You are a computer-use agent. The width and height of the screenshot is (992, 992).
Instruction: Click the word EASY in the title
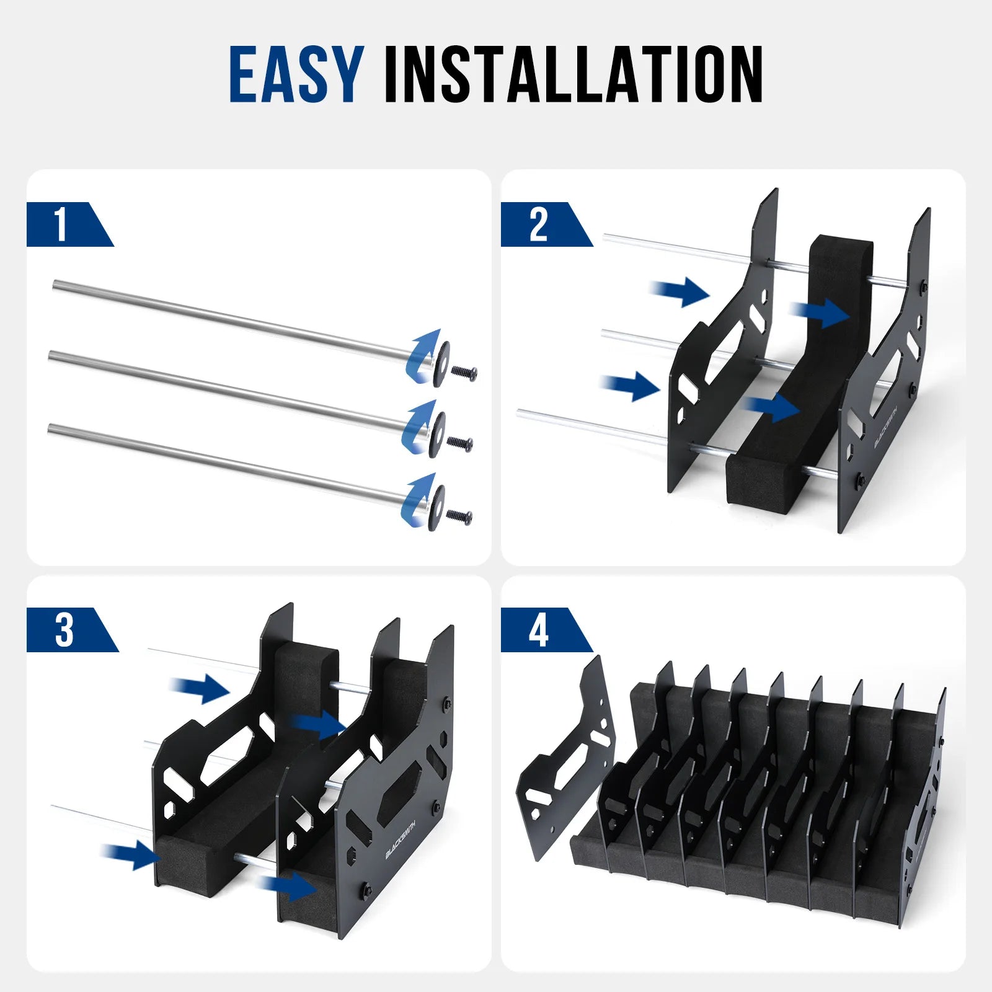coord(296,74)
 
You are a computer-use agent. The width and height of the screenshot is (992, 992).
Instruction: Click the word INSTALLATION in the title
coord(573,74)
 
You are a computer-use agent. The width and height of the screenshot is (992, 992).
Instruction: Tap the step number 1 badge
coord(61,224)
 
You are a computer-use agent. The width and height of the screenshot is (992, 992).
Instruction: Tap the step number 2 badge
coord(538,224)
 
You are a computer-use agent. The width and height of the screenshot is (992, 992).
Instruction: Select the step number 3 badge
coord(64,630)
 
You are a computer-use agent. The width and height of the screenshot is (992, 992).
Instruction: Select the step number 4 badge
coord(538,630)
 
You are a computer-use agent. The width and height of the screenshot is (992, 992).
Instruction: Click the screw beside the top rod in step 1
coord(464,373)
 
